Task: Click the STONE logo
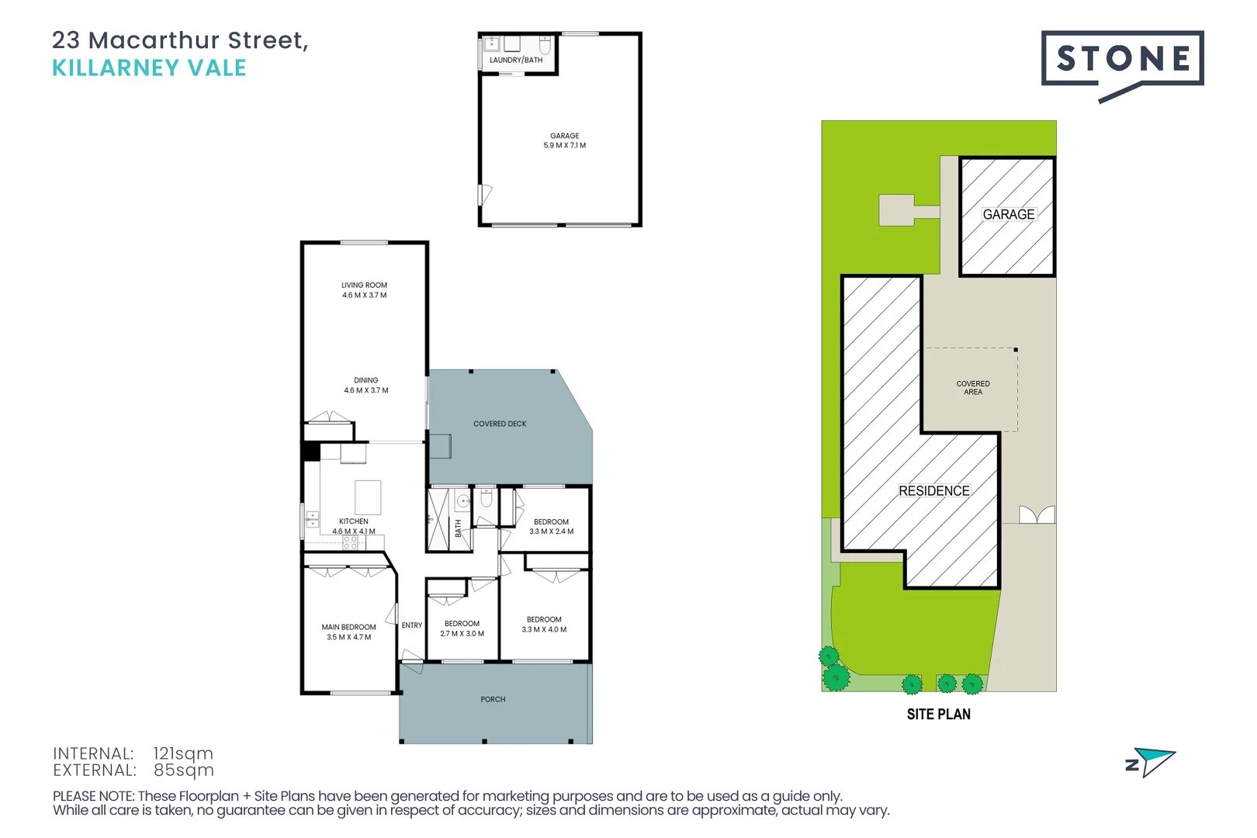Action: pos(1122,61)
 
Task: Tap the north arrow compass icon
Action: pos(1152,762)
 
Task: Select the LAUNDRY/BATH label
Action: pos(516,60)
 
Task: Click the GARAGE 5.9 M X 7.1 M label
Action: pos(565,140)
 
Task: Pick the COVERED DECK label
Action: pos(500,424)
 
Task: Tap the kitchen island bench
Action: pos(368,497)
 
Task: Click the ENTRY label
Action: pos(412,625)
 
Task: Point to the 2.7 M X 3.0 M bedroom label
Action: pos(462,628)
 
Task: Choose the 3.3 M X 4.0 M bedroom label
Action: pos(544,625)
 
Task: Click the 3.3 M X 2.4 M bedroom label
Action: pos(552,527)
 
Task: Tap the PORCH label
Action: pos(493,699)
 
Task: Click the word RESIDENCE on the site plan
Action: pos(934,491)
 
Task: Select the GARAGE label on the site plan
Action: pos(1009,214)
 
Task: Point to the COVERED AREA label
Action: pos(973,388)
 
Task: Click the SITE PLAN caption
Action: pos(939,714)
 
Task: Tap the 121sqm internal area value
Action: pos(183,753)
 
